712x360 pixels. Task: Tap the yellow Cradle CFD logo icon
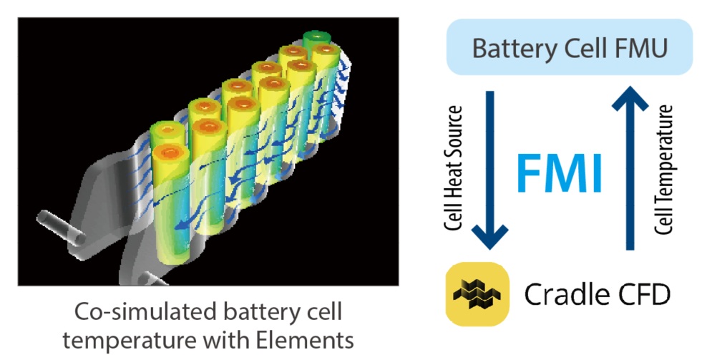(477, 294)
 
